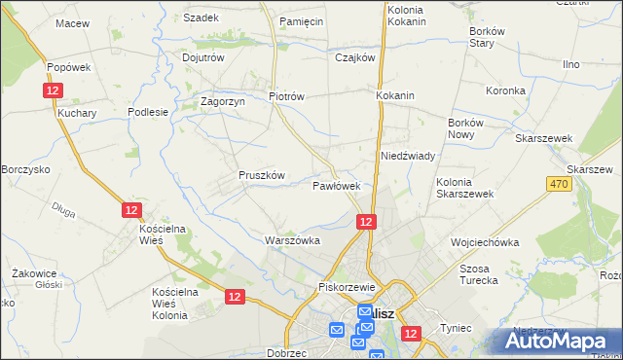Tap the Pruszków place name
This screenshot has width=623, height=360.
pos(261,175)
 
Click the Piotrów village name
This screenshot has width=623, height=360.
pos(287,96)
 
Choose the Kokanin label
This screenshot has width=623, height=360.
pos(395,96)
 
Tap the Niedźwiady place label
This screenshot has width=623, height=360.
pos(407,156)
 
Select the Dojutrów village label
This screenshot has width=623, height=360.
pos(203,57)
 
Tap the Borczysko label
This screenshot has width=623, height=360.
pos(25,169)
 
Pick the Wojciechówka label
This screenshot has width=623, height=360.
pos(484,242)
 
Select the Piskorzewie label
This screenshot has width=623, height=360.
pos(347,288)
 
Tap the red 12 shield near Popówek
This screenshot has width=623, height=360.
pos(53,90)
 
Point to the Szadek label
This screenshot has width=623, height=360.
pos(202,18)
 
